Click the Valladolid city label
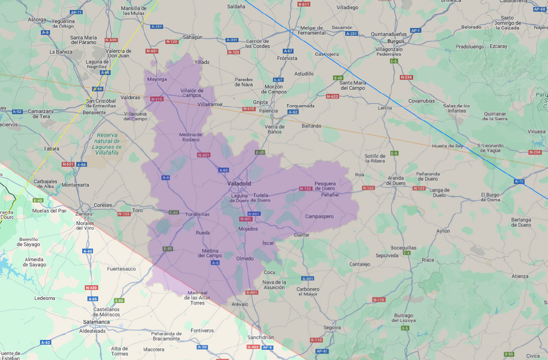(239, 183)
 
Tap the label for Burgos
(396, 41)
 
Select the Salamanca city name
(96, 322)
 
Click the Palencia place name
(268, 111)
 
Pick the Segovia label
(332, 327)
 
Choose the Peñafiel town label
(330, 195)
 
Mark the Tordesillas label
(197, 214)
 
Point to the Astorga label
(37, 20)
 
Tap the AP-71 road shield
(76, 12)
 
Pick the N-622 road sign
(332, 96)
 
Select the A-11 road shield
(519, 181)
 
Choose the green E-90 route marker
(508, 354)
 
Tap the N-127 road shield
(419, 188)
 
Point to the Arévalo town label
(239, 304)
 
